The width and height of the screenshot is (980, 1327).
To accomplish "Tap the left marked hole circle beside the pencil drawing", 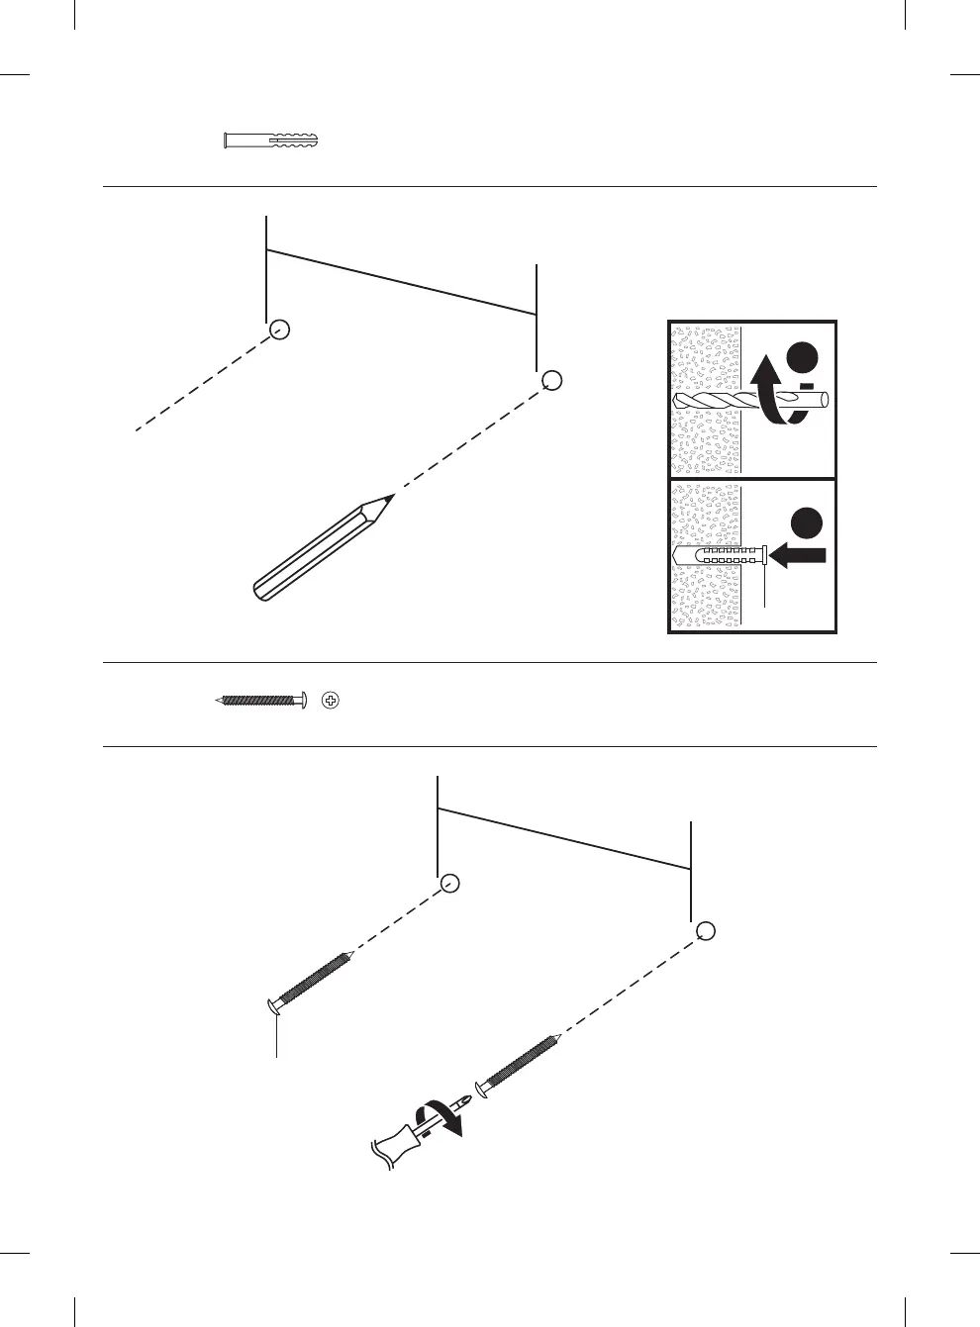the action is (x=280, y=331).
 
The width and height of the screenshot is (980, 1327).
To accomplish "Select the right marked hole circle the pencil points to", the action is (x=552, y=380).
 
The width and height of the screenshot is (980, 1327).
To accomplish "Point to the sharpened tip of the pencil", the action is (x=391, y=497).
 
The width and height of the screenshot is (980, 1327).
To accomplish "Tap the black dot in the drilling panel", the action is (x=804, y=358).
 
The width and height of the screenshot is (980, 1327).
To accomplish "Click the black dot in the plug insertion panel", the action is (x=806, y=522).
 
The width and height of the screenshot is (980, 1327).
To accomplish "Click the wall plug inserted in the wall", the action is (x=721, y=555).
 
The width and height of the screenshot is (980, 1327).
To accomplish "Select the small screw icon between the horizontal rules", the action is (x=260, y=701).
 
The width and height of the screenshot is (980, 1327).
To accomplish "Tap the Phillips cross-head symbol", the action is (x=332, y=701).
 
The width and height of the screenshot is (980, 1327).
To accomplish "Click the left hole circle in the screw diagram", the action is (x=450, y=883).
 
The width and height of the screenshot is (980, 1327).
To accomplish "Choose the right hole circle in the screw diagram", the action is (x=705, y=931).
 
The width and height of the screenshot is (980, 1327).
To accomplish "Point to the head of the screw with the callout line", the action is (x=275, y=1007).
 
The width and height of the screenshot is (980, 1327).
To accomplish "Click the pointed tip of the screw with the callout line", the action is (x=350, y=954).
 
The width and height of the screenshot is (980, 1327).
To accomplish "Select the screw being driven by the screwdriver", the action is (x=520, y=1064).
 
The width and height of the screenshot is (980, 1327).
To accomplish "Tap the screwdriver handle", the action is (x=400, y=1146).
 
